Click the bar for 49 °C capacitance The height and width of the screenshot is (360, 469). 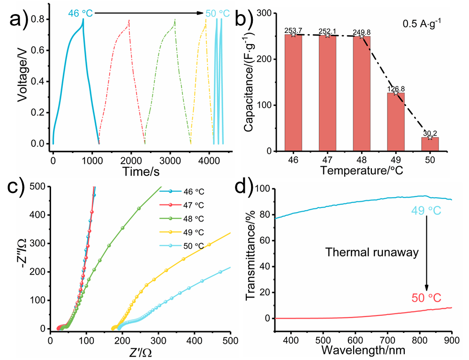pyautogui.click(x=395, y=122)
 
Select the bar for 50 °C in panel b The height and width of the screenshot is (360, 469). pyautogui.click(x=430, y=144)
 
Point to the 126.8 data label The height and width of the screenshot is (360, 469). pyautogui.click(x=396, y=88)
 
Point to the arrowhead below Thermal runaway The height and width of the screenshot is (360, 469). pyautogui.click(x=427, y=287)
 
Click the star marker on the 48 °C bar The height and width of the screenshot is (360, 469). pyautogui.click(x=362, y=36)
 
